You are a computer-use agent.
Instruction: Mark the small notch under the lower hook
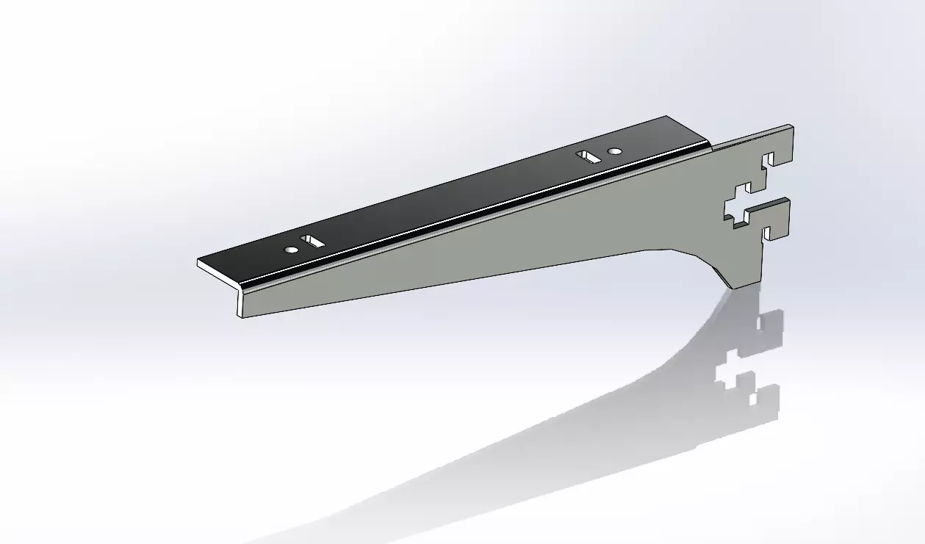(x=769, y=234)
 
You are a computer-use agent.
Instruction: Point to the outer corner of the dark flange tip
(x=198, y=262)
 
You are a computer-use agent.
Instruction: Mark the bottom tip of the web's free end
(x=240, y=317)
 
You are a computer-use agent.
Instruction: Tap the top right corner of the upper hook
(x=792, y=126)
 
